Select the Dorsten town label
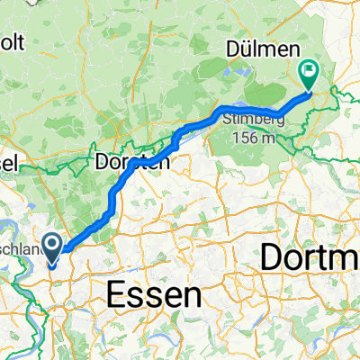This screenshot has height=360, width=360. tap(130, 164)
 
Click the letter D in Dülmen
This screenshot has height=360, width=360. tap(232, 50)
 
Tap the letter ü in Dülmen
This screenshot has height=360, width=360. tap(247, 50)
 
